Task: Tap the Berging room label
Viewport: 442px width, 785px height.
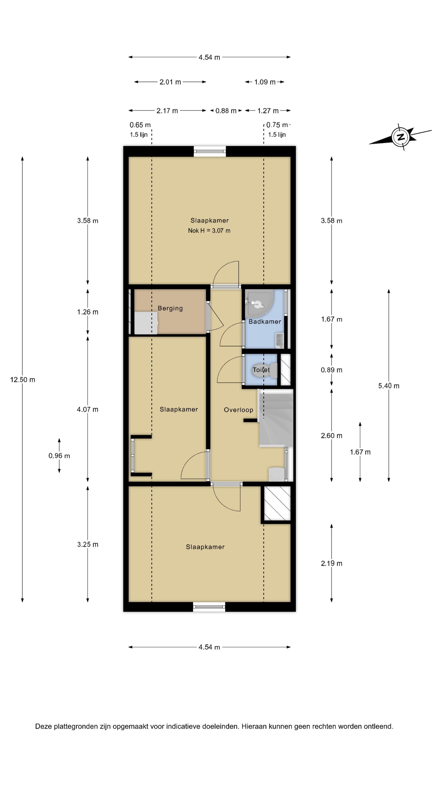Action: pos(170,308)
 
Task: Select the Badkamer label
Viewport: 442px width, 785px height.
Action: pos(265,322)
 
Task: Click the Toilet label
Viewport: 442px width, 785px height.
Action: pos(261,370)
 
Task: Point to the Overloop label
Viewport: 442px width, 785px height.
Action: pos(238,410)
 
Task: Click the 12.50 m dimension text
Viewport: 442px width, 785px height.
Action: pos(23,380)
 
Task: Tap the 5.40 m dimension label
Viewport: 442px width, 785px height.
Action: pos(389,386)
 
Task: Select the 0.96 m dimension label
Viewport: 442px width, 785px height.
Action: pos(59,456)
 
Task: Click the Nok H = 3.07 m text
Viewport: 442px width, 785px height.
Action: pos(209,231)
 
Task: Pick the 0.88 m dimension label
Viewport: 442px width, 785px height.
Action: pos(226,111)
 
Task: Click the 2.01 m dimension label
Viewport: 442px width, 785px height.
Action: pos(170,82)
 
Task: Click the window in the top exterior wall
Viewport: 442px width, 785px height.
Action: pos(210,152)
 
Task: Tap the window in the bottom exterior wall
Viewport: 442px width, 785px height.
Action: pos(209,607)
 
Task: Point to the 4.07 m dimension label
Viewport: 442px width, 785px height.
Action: pos(88,410)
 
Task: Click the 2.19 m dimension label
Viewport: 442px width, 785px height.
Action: pos(332,563)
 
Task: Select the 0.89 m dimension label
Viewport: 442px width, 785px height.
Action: pos(332,370)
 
